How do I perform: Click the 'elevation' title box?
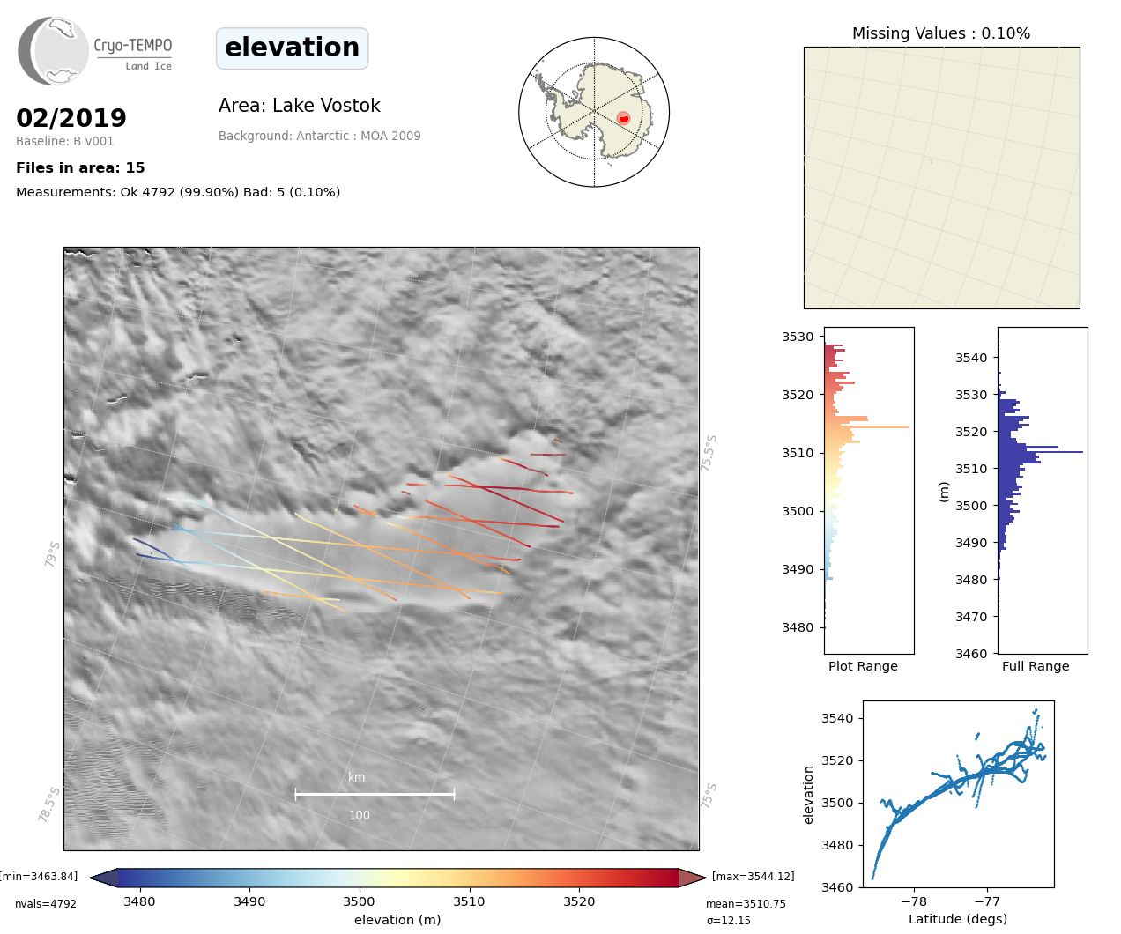click(292, 48)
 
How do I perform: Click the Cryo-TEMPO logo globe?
click(55, 51)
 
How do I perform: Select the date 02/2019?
click(71, 118)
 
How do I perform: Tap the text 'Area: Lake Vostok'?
click(300, 106)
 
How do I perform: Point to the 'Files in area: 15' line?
click(80, 168)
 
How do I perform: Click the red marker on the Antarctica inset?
click(623, 118)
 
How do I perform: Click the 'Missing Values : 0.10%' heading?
click(941, 33)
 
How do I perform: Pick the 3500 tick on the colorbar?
click(360, 901)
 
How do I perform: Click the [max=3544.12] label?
click(753, 877)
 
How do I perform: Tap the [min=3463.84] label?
click(39, 877)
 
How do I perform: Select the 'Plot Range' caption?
click(863, 666)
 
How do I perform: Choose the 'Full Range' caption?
click(1036, 666)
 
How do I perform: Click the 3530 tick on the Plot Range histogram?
click(798, 337)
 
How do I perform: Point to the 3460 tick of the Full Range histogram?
click(973, 654)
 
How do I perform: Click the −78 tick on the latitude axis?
click(915, 901)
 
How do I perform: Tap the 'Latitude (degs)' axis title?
click(958, 919)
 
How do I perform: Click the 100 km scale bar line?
click(375, 794)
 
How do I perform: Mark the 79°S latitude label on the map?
click(53, 553)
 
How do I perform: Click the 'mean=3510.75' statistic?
click(746, 904)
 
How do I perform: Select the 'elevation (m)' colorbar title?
click(397, 920)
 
